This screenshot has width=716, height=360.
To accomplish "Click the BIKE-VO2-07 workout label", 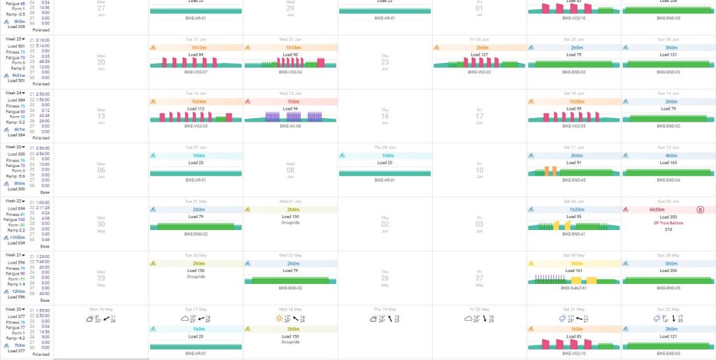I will pyautogui.click(x=195, y=72).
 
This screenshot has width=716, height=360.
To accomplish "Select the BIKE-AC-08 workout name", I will pyautogui.click(x=290, y=126).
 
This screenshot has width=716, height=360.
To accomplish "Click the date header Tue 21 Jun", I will pyautogui.click(x=195, y=39).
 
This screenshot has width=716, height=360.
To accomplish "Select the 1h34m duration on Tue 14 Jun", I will pyautogui.click(x=195, y=101).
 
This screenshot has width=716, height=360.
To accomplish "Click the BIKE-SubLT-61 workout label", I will pyautogui.click(x=575, y=287).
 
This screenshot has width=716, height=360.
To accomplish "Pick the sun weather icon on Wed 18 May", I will pyautogui.click(x=280, y=318).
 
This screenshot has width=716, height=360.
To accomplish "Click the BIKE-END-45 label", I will pyautogui.click(x=575, y=180).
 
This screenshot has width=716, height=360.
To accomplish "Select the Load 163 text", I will pyautogui.click(x=669, y=163).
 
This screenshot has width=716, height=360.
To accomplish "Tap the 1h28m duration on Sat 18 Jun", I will pyautogui.click(x=575, y=101).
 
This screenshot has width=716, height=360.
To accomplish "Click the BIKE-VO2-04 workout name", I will pyautogui.click(x=290, y=72).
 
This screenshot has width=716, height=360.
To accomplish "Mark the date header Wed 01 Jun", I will pyautogui.click(x=290, y=201).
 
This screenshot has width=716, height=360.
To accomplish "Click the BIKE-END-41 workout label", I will pyautogui.click(x=575, y=233).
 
